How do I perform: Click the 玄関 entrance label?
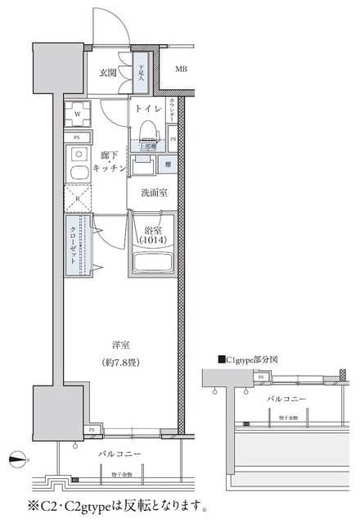tap(108, 73)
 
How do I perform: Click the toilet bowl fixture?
tap(148, 131)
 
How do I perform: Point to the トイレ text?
tap(148, 109)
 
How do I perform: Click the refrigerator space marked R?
tap(79, 197)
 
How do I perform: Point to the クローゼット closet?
tap(79, 245)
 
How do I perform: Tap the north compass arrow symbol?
tap(18, 458)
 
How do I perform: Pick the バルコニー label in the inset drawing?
tap(286, 399)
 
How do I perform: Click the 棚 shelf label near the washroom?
tap(166, 165)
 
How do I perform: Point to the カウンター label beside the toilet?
tap(173, 110)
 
